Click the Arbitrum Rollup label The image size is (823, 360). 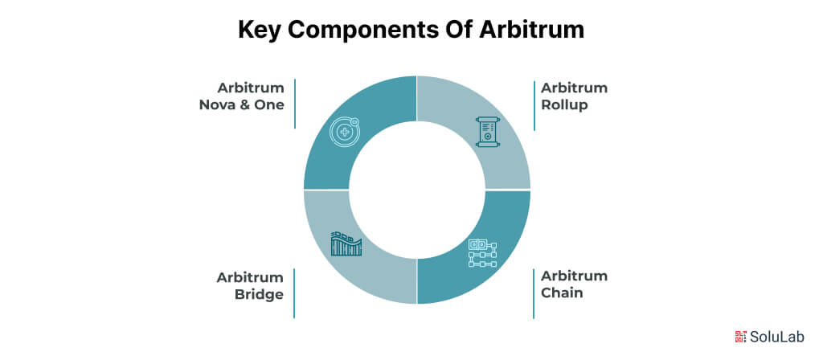click(574, 96)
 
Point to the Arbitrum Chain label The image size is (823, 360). click(574, 284)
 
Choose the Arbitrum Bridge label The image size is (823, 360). click(249, 286)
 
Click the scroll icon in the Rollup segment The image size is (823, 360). click(486, 132)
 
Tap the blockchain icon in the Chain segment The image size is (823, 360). click(482, 252)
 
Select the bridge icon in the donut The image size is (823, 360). click(346, 243)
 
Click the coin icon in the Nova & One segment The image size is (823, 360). click(346, 132)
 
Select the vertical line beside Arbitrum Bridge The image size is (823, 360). click(295, 293)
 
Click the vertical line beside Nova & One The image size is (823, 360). click(295, 104)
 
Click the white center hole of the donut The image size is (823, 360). click(416, 190)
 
